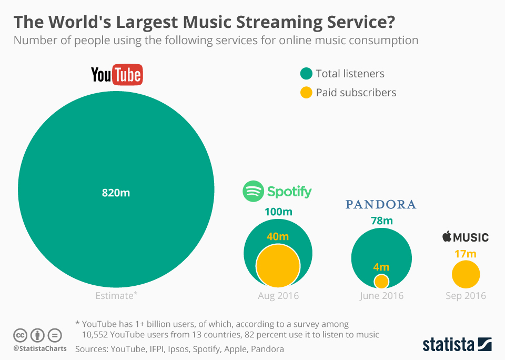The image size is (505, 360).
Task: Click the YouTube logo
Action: point(117,75)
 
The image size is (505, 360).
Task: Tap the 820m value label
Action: point(116,193)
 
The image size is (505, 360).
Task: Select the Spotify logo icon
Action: point(253,191)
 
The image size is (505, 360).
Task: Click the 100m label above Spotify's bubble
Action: point(278,213)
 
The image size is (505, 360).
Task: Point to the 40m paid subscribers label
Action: point(278,236)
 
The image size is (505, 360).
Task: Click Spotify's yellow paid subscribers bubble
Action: point(278,266)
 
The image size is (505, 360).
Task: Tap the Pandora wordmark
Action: point(381,204)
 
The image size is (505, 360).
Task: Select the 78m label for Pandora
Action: point(381,221)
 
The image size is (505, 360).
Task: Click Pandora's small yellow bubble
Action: point(381,281)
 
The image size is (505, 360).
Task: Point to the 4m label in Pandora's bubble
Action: point(381,267)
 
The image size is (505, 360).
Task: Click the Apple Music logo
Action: point(465,237)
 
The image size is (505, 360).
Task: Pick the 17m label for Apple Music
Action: point(465,254)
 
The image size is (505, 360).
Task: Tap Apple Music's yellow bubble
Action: point(466,275)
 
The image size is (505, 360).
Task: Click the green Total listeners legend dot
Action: point(306,74)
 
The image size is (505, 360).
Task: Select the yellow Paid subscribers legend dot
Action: point(306,93)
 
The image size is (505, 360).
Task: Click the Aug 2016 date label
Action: point(278,296)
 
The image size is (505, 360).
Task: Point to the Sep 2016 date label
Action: point(466,296)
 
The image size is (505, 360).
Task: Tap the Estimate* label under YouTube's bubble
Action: point(116,296)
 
